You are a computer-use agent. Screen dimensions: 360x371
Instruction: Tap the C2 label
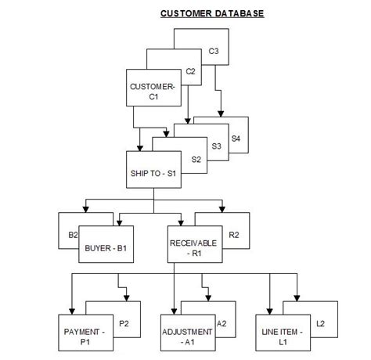point(190,71)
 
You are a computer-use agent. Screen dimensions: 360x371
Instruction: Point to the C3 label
point(214,52)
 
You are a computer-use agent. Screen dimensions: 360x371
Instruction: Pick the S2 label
point(196,159)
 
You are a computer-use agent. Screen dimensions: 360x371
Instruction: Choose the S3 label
point(217,145)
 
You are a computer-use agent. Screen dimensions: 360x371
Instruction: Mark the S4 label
point(236,139)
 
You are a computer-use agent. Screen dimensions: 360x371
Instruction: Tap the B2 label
point(74,233)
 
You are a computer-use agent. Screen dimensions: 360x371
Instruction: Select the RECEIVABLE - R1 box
point(193,248)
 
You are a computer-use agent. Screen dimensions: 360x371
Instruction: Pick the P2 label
point(124,323)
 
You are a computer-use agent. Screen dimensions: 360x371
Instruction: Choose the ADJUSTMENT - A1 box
point(186,337)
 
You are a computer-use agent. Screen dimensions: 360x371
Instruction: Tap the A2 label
point(222,323)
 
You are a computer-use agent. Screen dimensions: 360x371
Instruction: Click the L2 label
point(319,323)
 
